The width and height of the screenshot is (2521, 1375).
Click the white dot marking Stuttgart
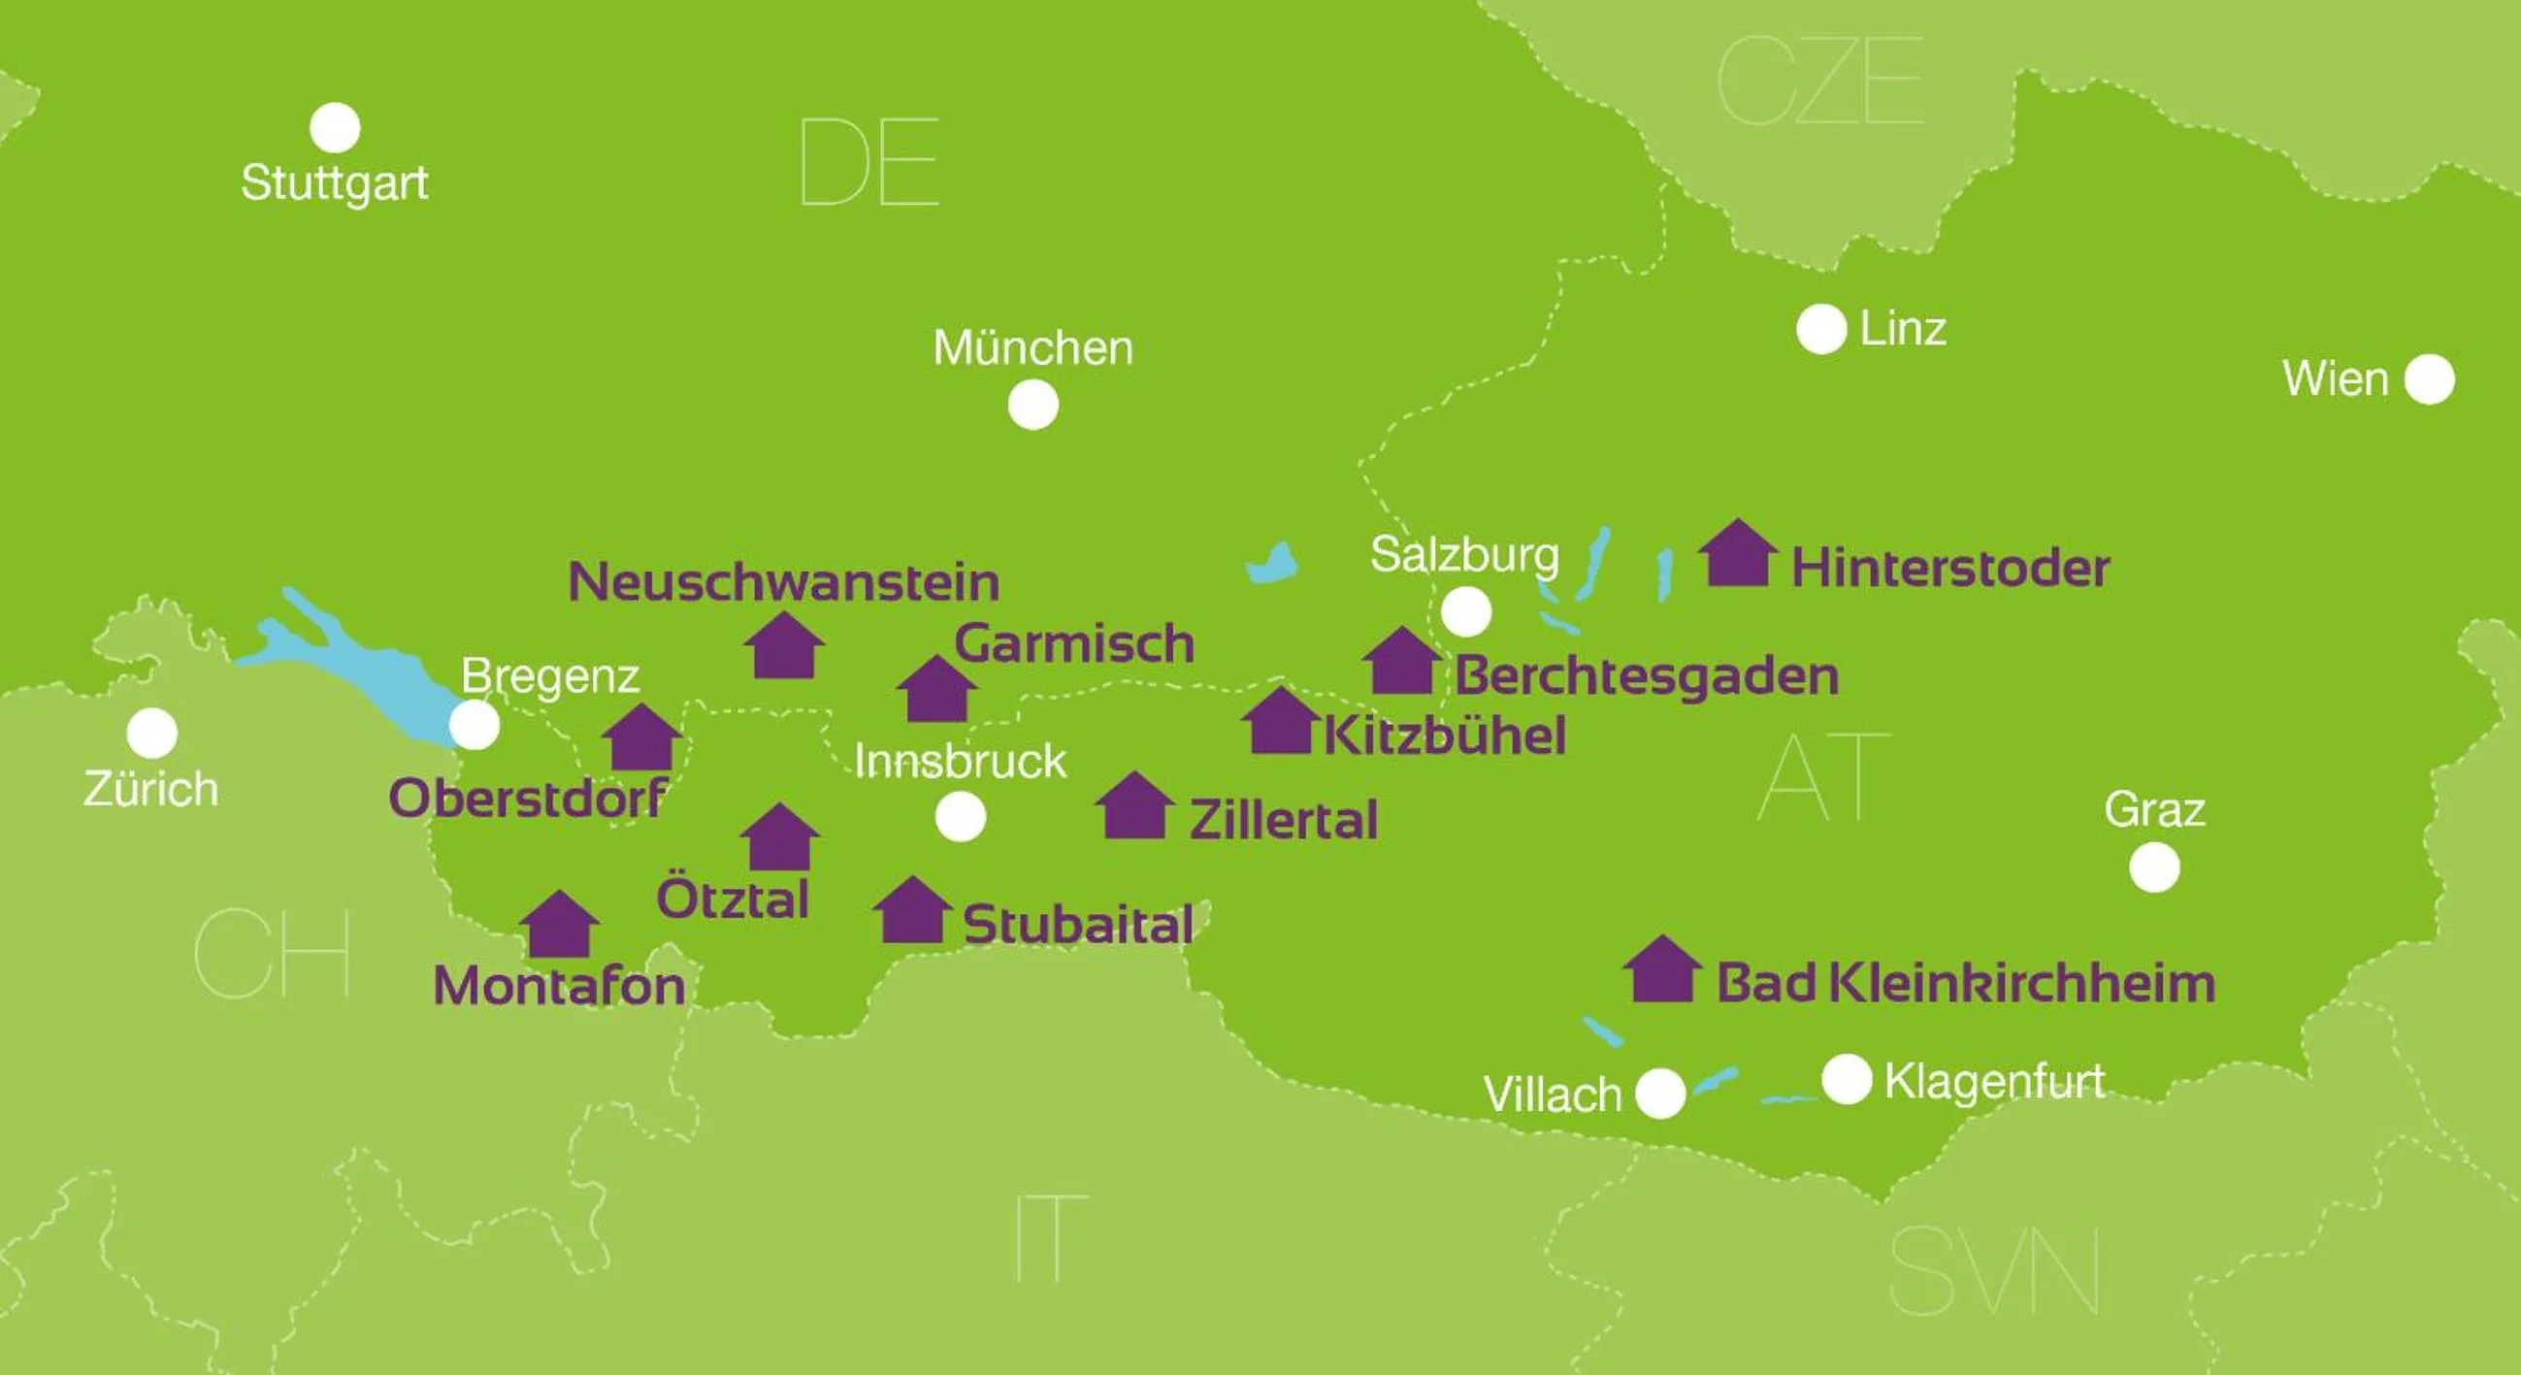coord(335,128)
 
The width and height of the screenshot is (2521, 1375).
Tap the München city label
coord(1032,347)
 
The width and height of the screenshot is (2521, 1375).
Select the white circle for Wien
coord(2429,378)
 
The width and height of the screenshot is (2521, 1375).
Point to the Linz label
coord(1903,328)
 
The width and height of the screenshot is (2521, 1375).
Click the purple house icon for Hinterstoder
coord(1737,553)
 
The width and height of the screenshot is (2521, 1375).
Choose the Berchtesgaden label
coord(1646,676)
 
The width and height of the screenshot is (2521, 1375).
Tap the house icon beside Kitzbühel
coord(1280,721)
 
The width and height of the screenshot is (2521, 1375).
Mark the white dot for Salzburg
coord(1466,611)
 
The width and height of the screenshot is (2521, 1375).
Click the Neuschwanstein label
coord(784,581)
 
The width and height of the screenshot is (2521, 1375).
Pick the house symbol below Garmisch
coord(936,690)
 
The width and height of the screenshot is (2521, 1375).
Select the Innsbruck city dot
coord(960,816)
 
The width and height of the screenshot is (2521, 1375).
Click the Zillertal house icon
coord(1134,806)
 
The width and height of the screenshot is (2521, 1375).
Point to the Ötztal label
coord(732,899)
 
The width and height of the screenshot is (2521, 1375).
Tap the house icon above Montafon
coord(559,925)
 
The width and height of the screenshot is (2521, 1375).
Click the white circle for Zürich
coord(152,733)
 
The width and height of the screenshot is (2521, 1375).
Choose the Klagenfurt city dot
coord(1846,1079)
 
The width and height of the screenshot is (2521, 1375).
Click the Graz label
coord(2154,809)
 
